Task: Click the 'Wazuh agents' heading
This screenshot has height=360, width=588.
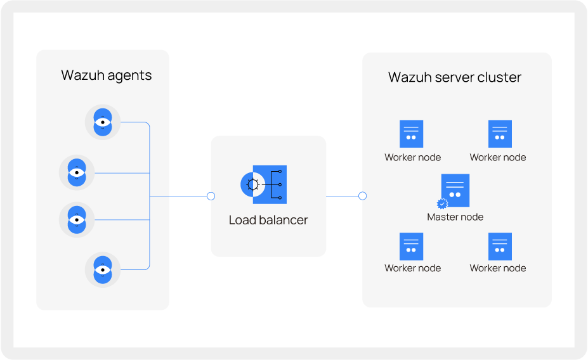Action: [x=106, y=75]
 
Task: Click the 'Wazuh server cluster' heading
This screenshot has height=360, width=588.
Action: [x=454, y=77]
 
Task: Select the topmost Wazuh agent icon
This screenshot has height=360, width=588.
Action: [x=103, y=122]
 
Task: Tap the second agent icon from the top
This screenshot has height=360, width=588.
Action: [x=77, y=172]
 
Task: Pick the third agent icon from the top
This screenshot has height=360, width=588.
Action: [x=77, y=220]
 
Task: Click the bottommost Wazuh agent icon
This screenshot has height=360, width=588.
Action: [x=103, y=269]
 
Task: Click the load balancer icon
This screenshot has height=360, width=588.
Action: [x=264, y=184]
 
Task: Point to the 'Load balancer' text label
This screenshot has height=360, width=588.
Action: [x=268, y=221]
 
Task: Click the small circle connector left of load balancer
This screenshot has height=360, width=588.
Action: [x=211, y=196]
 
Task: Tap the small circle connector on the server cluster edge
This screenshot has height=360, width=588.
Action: [x=362, y=196]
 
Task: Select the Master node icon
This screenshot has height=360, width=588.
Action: [x=455, y=190]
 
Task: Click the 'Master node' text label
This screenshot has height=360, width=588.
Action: [x=455, y=217]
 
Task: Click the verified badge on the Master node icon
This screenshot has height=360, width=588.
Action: [x=443, y=203]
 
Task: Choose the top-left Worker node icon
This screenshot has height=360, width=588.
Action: [x=412, y=134]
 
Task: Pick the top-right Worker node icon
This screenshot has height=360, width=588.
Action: [x=500, y=134]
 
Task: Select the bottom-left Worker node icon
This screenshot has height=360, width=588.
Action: [x=412, y=247]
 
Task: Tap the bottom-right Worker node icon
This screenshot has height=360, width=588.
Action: [x=500, y=247]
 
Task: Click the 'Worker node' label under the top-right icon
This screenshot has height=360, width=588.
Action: [x=497, y=157]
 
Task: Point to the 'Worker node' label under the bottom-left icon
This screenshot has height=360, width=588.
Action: [x=412, y=268]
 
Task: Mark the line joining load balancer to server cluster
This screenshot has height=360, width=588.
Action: [x=343, y=196]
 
